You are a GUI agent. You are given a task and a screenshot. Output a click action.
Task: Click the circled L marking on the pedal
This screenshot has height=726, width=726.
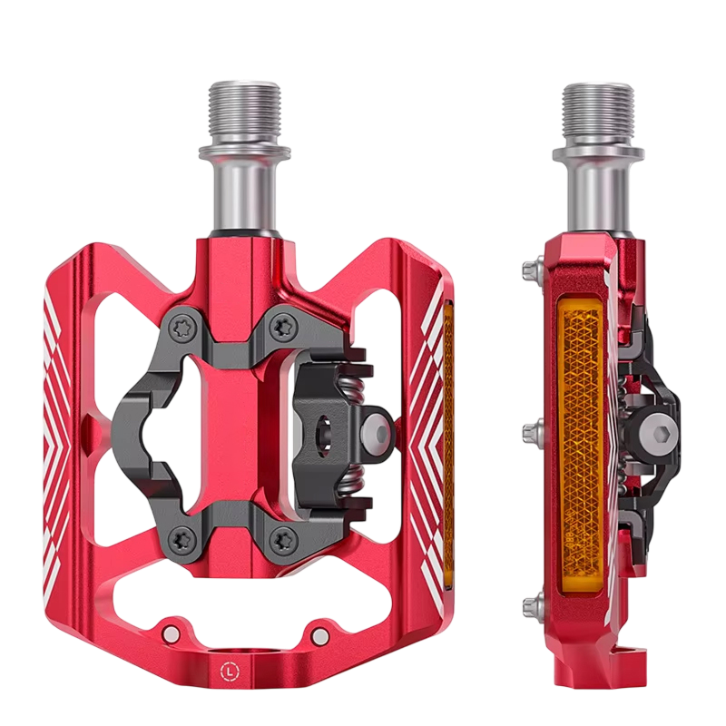[x=228, y=670]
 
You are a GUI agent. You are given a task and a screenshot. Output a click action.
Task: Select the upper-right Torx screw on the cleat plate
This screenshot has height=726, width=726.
[x=281, y=327]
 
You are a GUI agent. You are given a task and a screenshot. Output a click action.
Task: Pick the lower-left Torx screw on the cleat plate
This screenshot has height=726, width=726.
[x=178, y=538]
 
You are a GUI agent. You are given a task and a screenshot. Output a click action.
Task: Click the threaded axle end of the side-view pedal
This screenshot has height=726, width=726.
[x=597, y=113]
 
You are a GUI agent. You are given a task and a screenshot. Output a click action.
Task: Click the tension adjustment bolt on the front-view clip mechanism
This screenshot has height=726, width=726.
[x=378, y=433]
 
